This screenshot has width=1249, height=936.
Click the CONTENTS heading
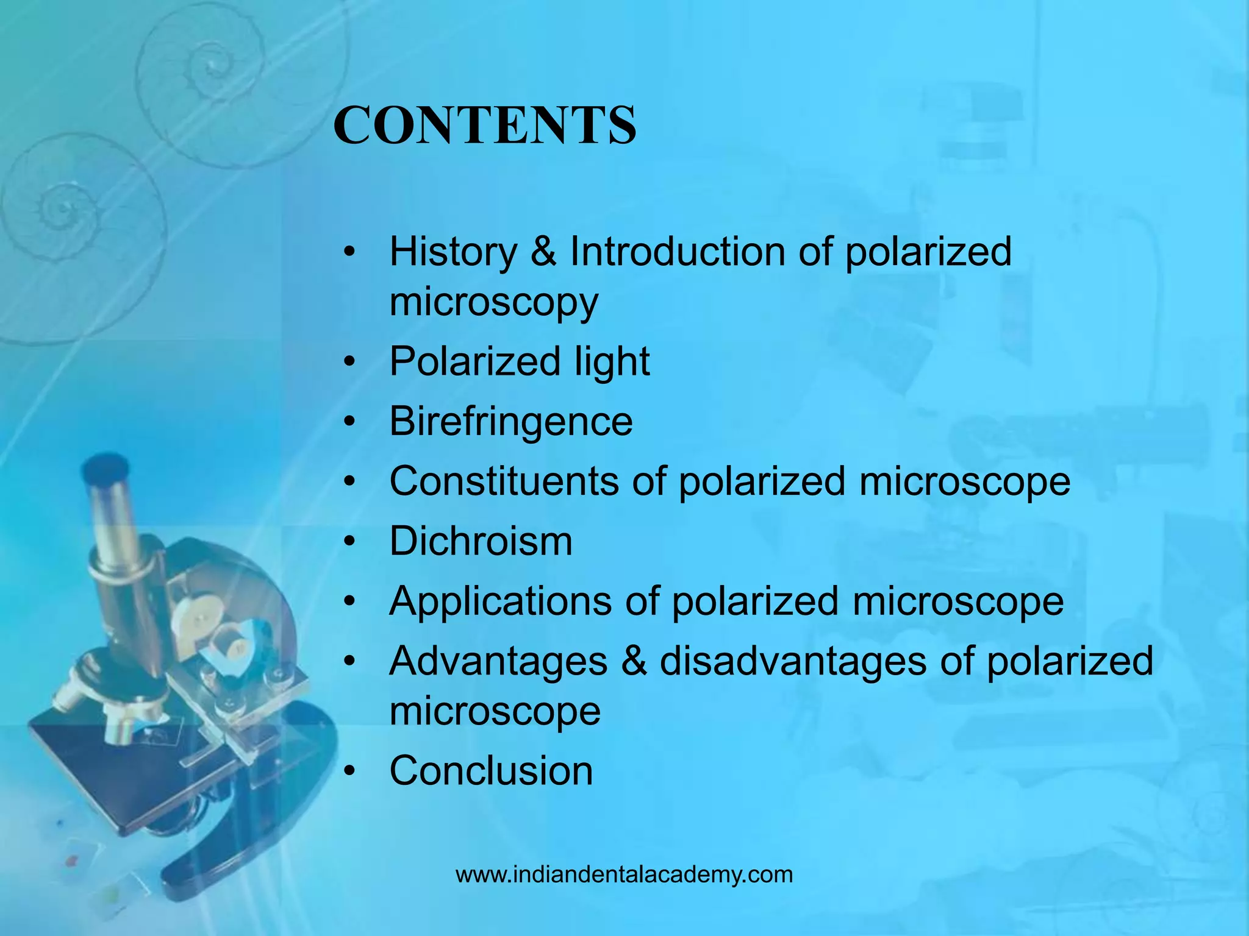485,125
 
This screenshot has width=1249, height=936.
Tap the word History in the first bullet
453,252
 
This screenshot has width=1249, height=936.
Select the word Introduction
677,252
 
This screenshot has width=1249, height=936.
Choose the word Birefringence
511,421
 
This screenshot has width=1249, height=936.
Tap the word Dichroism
481,541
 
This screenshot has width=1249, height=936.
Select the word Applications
500,601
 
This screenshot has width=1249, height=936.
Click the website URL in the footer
624,874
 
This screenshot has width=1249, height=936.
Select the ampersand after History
543,252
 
